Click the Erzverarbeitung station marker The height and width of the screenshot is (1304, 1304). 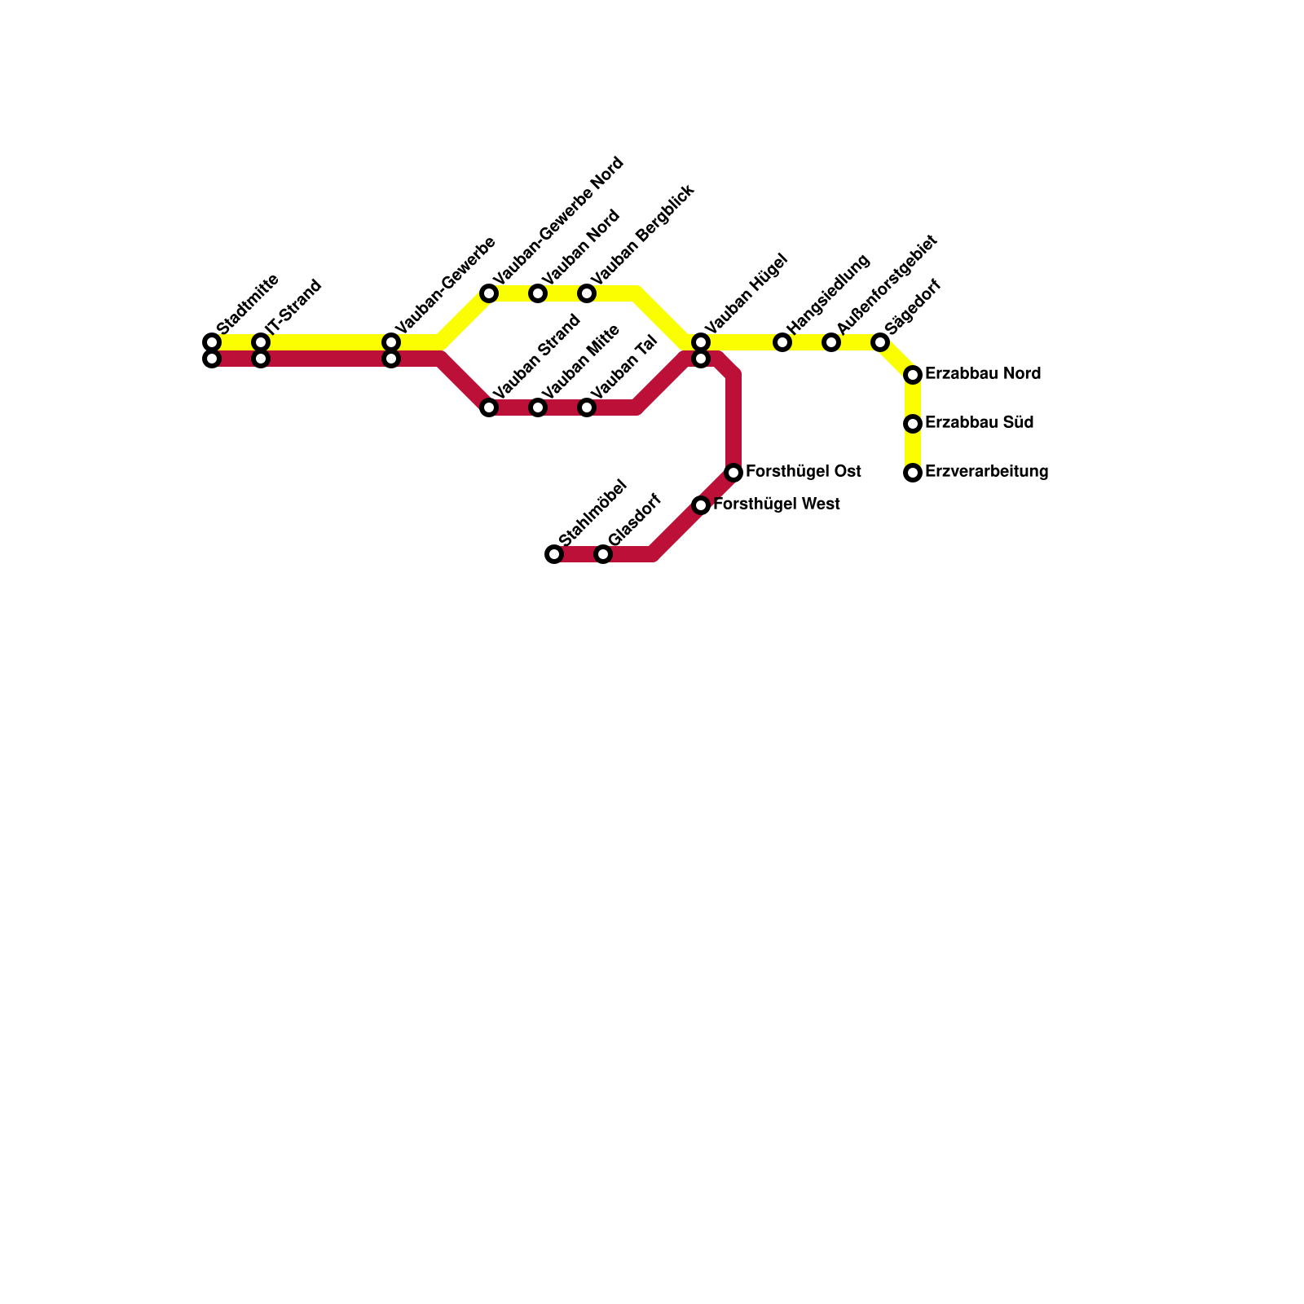[913, 473]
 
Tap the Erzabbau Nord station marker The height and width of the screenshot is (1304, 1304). [913, 375]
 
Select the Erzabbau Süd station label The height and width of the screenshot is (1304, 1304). [980, 423]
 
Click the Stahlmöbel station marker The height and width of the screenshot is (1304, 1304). [554, 554]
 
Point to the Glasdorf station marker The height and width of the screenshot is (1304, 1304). [603, 554]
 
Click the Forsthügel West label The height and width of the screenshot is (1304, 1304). [776, 504]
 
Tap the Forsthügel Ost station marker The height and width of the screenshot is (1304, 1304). [733, 473]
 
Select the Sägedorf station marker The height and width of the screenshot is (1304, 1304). [880, 342]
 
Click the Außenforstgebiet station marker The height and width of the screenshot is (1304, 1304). [831, 342]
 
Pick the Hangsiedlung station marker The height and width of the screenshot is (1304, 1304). [782, 342]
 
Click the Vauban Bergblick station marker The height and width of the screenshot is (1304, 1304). [587, 293]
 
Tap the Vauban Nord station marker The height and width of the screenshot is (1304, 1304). [538, 293]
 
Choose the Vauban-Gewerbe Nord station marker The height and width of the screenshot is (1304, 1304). [489, 293]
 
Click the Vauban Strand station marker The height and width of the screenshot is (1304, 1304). [489, 407]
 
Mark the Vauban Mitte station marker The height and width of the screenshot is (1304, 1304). [538, 407]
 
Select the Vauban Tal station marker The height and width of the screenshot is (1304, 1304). [587, 407]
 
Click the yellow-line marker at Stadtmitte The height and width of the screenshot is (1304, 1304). [212, 341]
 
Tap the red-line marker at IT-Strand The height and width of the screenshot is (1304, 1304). [261, 359]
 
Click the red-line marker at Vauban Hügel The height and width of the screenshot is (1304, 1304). [701, 359]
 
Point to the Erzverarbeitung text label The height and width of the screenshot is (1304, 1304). [986, 472]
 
